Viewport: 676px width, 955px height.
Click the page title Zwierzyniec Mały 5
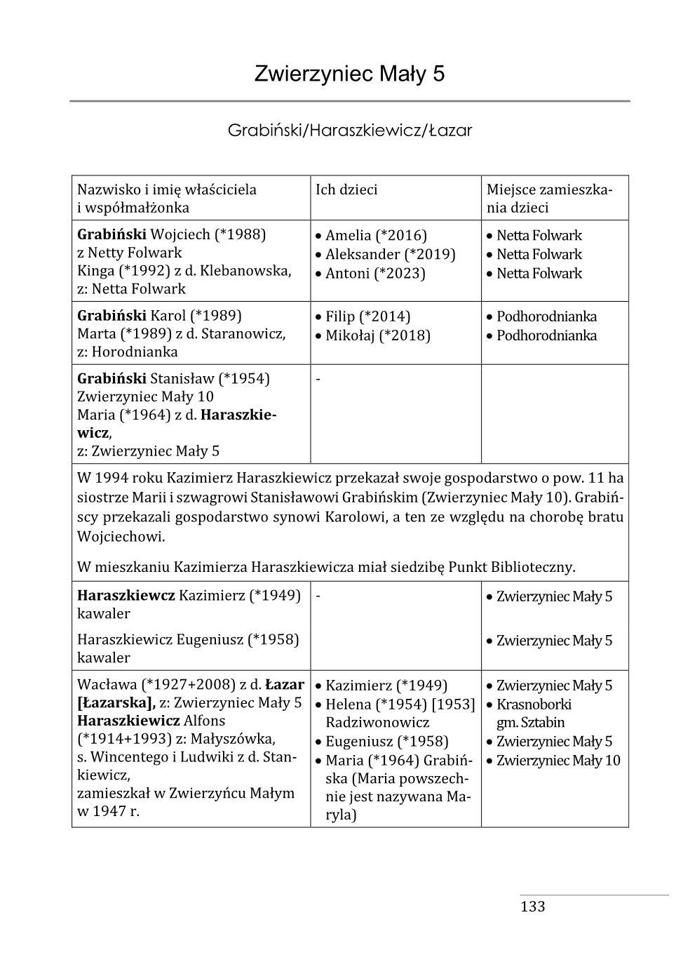349,74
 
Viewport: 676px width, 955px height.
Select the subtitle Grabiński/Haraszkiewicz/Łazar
349,131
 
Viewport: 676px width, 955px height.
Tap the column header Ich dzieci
346,189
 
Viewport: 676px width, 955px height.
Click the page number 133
532,907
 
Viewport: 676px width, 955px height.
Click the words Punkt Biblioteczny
512,567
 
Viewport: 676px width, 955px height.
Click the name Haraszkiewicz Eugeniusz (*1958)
188,640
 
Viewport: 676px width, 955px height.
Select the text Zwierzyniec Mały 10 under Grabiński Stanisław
145,397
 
